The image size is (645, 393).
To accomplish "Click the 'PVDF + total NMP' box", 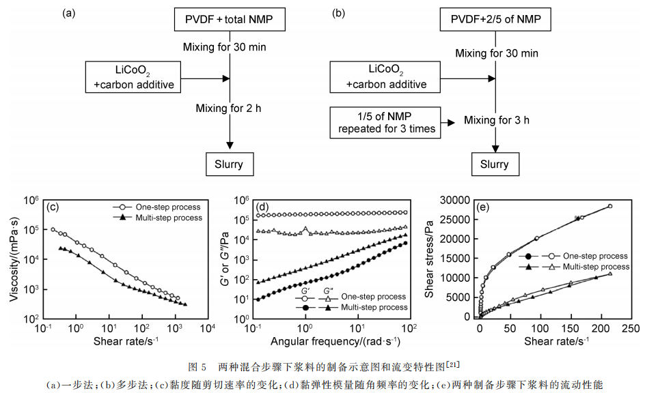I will point(229,20).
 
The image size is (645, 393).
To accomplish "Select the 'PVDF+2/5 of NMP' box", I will point(495,20).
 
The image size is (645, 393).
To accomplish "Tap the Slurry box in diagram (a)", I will point(229,164).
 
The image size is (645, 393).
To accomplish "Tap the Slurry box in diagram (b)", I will point(495,164).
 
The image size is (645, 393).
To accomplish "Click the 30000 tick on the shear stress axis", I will point(455,200).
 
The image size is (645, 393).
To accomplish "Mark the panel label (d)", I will point(262,205).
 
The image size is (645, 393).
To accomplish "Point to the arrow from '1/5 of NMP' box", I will point(448,123).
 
